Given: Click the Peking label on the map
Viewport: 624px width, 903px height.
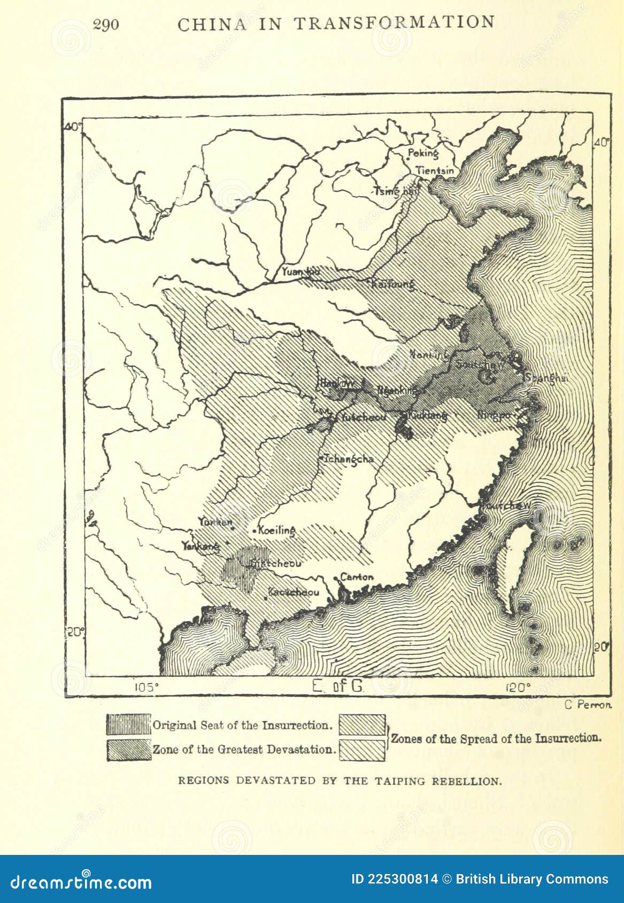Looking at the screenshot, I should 423,154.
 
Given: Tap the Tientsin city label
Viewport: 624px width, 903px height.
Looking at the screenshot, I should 435,171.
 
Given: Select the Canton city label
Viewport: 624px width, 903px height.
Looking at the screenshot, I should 357,577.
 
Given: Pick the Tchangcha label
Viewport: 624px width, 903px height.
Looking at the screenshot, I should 348,459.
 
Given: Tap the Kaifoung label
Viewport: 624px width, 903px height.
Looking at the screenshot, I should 393,284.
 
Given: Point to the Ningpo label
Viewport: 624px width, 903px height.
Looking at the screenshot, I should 495,415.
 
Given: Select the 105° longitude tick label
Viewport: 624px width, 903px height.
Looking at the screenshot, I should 146,687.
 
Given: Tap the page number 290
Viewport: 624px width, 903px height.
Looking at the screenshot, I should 106,25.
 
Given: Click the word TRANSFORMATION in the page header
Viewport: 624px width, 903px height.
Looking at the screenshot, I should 395,23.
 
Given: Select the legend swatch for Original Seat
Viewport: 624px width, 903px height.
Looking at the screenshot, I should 128,725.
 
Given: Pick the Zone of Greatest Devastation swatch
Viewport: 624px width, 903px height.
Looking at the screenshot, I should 128,750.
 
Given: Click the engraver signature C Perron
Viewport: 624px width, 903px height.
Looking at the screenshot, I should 588,705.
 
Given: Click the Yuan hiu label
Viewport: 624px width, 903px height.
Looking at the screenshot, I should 301,272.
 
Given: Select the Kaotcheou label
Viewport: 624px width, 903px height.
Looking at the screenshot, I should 294,592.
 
